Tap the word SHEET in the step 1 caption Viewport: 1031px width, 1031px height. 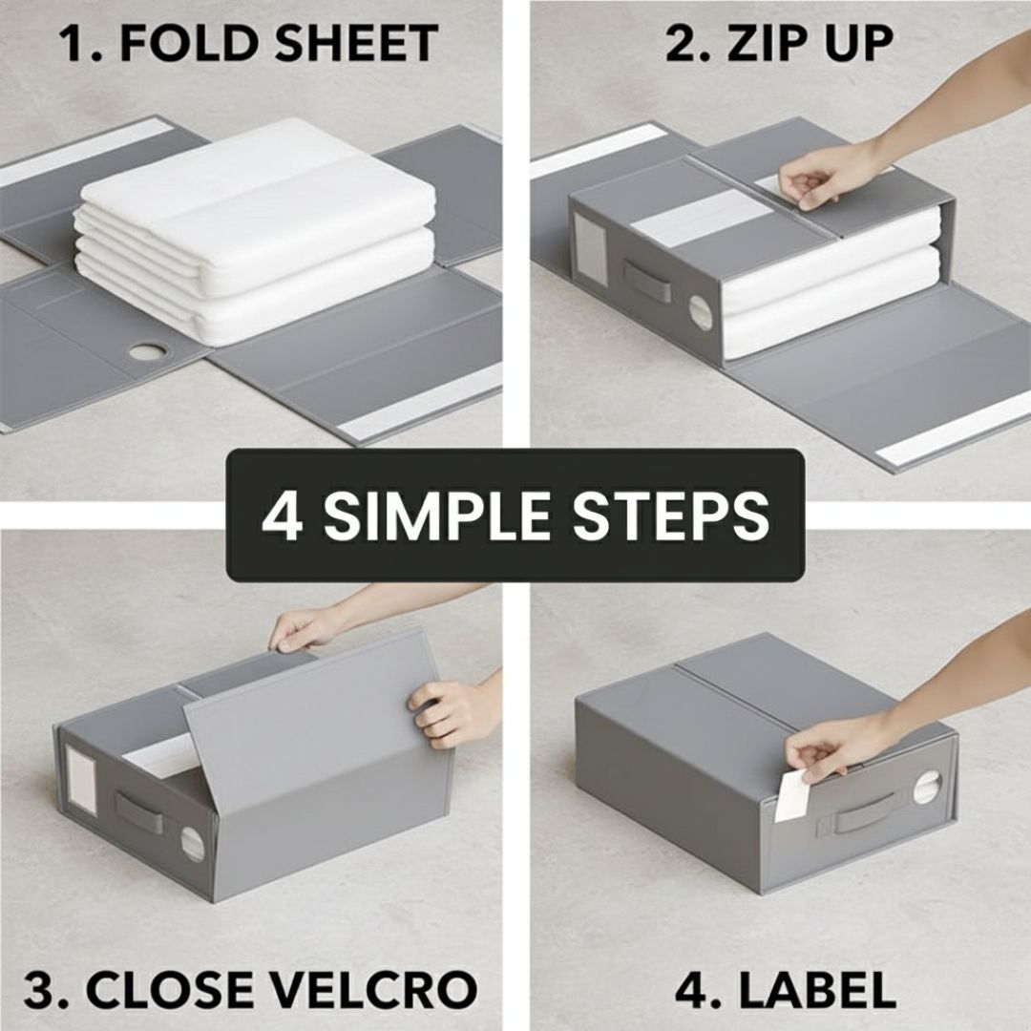tap(356, 43)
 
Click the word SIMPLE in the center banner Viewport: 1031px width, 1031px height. tap(436, 515)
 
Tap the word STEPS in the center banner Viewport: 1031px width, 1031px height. tap(671, 515)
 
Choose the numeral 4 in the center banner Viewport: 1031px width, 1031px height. tap(282, 515)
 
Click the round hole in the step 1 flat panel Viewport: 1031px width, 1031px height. tap(147, 351)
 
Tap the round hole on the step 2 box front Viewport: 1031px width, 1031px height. tap(701, 313)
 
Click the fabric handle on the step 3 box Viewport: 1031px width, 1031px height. tap(139, 812)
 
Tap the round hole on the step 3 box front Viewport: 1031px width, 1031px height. tap(193, 844)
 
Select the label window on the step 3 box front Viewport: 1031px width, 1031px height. tap(81, 780)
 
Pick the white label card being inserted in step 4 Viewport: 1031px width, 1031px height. tap(791, 796)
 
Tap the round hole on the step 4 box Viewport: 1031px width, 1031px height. tap(927, 787)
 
